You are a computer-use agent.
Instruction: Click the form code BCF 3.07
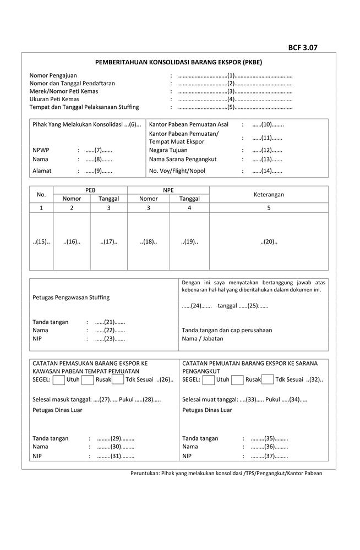(x=303, y=48)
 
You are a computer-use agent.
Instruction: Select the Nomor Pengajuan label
(x=53, y=75)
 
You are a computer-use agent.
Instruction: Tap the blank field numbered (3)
(x=231, y=91)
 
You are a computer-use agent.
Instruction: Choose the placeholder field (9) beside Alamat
(x=99, y=171)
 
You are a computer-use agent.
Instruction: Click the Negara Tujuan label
(x=168, y=150)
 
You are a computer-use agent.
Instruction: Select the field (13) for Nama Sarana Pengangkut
(x=268, y=159)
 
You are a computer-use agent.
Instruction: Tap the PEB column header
(x=90, y=190)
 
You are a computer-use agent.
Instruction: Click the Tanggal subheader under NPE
(x=189, y=199)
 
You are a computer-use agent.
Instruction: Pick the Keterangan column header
(x=269, y=195)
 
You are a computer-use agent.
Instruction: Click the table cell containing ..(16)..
(x=72, y=242)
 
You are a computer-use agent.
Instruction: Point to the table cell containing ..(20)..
(x=269, y=242)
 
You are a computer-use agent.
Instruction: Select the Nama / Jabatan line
(x=203, y=339)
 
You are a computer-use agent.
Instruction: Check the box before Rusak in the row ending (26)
(x=87, y=380)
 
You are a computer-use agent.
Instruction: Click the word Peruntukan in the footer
(x=144, y=474)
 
